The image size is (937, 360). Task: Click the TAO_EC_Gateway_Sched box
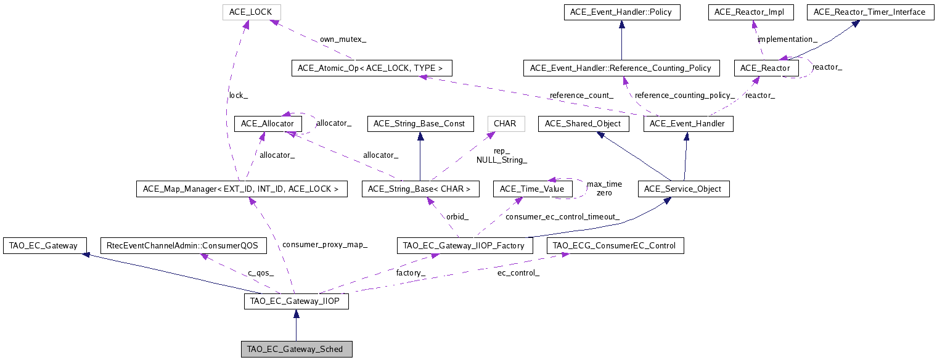click(297, 350)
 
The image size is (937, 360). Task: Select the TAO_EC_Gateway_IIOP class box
click(297, 301)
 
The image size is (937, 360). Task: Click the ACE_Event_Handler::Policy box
click(621, 12)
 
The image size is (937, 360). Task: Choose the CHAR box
click(505, 124)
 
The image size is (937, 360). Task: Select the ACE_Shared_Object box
click(584, 124)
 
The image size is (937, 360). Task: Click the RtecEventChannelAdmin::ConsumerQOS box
click(184, 245)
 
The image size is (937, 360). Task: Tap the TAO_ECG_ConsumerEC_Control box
click(615, 245)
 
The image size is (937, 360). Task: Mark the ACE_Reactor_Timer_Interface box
click(869, 12)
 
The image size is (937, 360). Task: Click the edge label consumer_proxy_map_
click(324, 245)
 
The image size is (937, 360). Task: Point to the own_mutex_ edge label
click(343, 39)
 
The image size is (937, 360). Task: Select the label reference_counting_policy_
click(684, 96)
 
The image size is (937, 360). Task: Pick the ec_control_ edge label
click(518, 272)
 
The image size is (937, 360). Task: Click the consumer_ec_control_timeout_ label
click(562, 216)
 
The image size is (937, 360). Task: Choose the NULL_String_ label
click(501, 160)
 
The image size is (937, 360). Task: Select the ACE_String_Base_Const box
click(420, 124)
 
